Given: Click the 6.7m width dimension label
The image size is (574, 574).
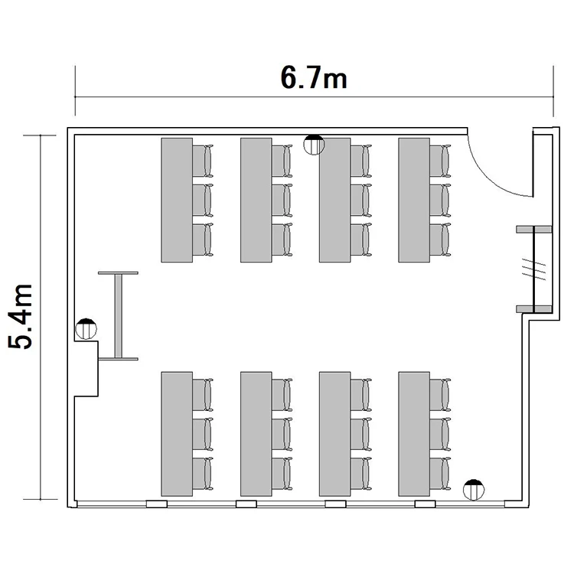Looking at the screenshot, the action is [314, 78].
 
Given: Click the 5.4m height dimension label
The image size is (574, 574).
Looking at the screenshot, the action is [20, 316].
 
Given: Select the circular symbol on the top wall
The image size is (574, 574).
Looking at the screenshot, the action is [314, 145].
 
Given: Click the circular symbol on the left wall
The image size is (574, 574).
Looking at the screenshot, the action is [86, 329].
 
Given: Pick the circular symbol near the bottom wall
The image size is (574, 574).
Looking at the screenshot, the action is [474, 490].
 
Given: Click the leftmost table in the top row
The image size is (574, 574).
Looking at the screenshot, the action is [177, 200].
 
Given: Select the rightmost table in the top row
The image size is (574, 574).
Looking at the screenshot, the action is [414, 200].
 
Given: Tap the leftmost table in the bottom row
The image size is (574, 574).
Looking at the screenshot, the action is [177, 434].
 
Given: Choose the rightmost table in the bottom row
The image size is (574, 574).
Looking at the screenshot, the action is [414, 434].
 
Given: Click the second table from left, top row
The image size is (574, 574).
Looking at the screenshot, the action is [256, 200].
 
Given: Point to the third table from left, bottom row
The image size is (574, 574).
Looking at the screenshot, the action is [335, 434].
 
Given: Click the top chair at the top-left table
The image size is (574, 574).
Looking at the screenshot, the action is [203, 161].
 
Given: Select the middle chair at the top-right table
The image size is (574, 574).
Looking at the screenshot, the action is [440, 201].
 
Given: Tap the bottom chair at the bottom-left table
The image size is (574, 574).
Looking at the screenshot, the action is [203, 473].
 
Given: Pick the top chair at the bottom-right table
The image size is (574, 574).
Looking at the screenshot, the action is [440, 395].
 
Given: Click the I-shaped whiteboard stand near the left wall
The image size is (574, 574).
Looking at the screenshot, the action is [118, 316].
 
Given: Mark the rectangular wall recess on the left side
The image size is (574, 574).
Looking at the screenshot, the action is [86, 369].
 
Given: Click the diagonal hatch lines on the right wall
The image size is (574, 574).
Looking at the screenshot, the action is [533, 269].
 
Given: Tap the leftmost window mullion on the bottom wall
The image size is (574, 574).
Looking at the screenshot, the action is [157, 504].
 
